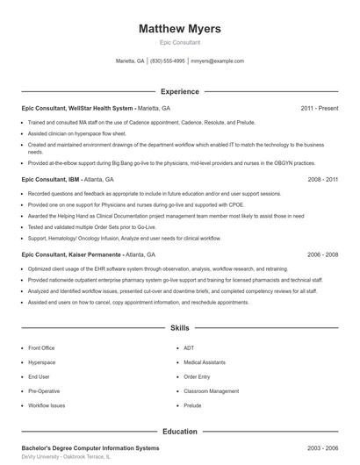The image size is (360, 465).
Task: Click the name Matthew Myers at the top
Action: click(179, 29)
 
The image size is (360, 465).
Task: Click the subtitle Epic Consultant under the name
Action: click(179, 42)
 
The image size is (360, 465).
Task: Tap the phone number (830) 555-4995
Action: click(168, 61)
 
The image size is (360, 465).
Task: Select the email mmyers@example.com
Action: click(217, 61)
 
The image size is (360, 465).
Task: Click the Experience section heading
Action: click(179, 91)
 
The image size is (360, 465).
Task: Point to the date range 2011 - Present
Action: click(319, 108)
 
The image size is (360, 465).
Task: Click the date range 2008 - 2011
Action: click(322, 178)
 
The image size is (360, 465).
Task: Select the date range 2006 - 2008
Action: click(322, 254)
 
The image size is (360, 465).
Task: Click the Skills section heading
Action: click(179, 328)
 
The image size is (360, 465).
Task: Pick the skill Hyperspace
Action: click(41, 362)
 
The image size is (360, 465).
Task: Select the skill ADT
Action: click(189, 348)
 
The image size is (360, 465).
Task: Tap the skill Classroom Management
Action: click(211, 391)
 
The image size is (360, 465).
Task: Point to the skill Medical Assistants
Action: click(205, 362)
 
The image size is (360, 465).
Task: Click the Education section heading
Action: click(179, 432)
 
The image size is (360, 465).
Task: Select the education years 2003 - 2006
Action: click(322, 448)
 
